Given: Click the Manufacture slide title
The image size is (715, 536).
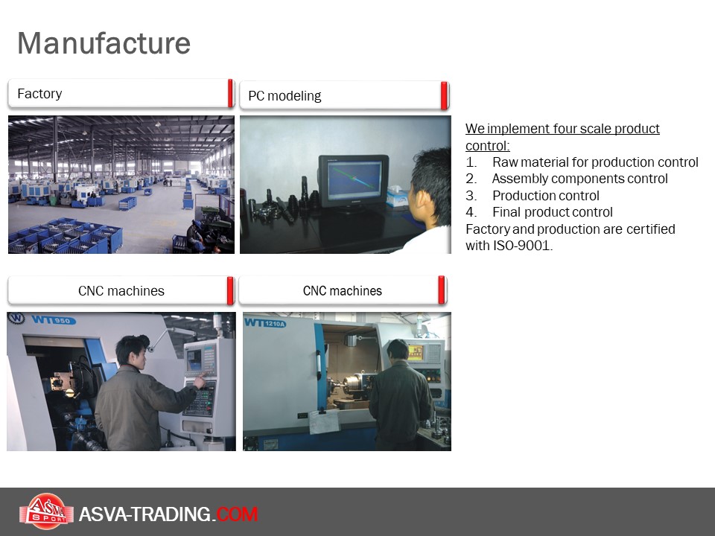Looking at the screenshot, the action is pos(104,43).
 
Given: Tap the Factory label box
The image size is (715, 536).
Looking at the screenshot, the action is pos(121,94).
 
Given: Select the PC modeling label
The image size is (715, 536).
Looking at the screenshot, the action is pos(285,96).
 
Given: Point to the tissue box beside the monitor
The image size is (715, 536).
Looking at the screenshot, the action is pos(398,196).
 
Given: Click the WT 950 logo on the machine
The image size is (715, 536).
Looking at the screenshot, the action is pos(54,320).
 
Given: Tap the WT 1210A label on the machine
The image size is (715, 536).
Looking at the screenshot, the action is pos(265,323).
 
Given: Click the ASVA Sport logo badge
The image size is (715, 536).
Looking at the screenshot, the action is pos(46,511).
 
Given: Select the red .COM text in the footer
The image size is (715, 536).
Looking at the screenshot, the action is pos(237,514).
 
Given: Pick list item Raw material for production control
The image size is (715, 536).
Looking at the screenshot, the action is pos(595,162).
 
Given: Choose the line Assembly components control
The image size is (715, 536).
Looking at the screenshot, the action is pos(579,179).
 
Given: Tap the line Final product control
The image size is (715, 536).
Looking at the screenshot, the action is pos(552,212).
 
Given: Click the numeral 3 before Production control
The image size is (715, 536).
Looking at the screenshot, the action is pos(470,196).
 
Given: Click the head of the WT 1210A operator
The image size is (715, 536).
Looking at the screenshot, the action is pos(398,350).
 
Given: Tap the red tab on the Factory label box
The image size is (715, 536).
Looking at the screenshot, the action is pos(231,94).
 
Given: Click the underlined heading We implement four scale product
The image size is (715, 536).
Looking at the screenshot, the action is pos(562,129).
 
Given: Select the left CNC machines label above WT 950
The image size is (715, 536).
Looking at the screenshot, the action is pos(121,291).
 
